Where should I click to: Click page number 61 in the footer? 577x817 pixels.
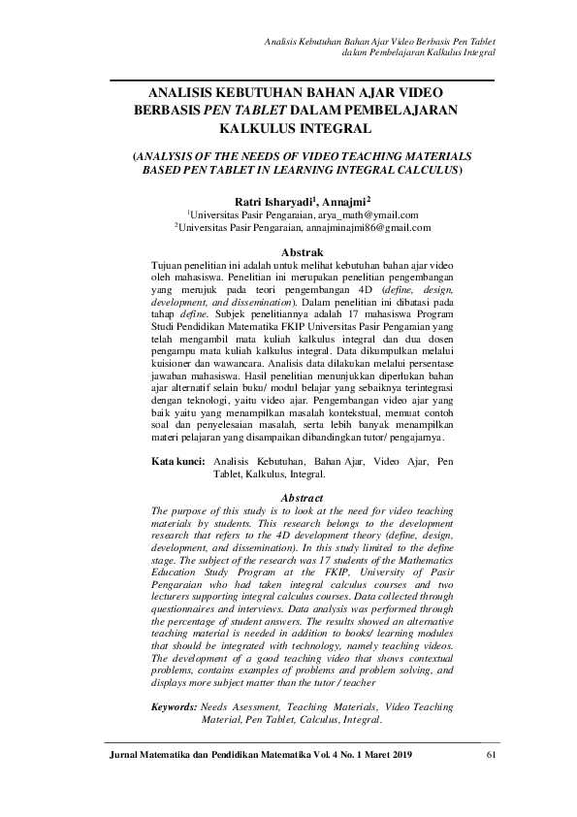pos(490,755)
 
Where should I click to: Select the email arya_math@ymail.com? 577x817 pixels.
pos(369,214)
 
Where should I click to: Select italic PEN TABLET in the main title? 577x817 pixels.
pos(252,111)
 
